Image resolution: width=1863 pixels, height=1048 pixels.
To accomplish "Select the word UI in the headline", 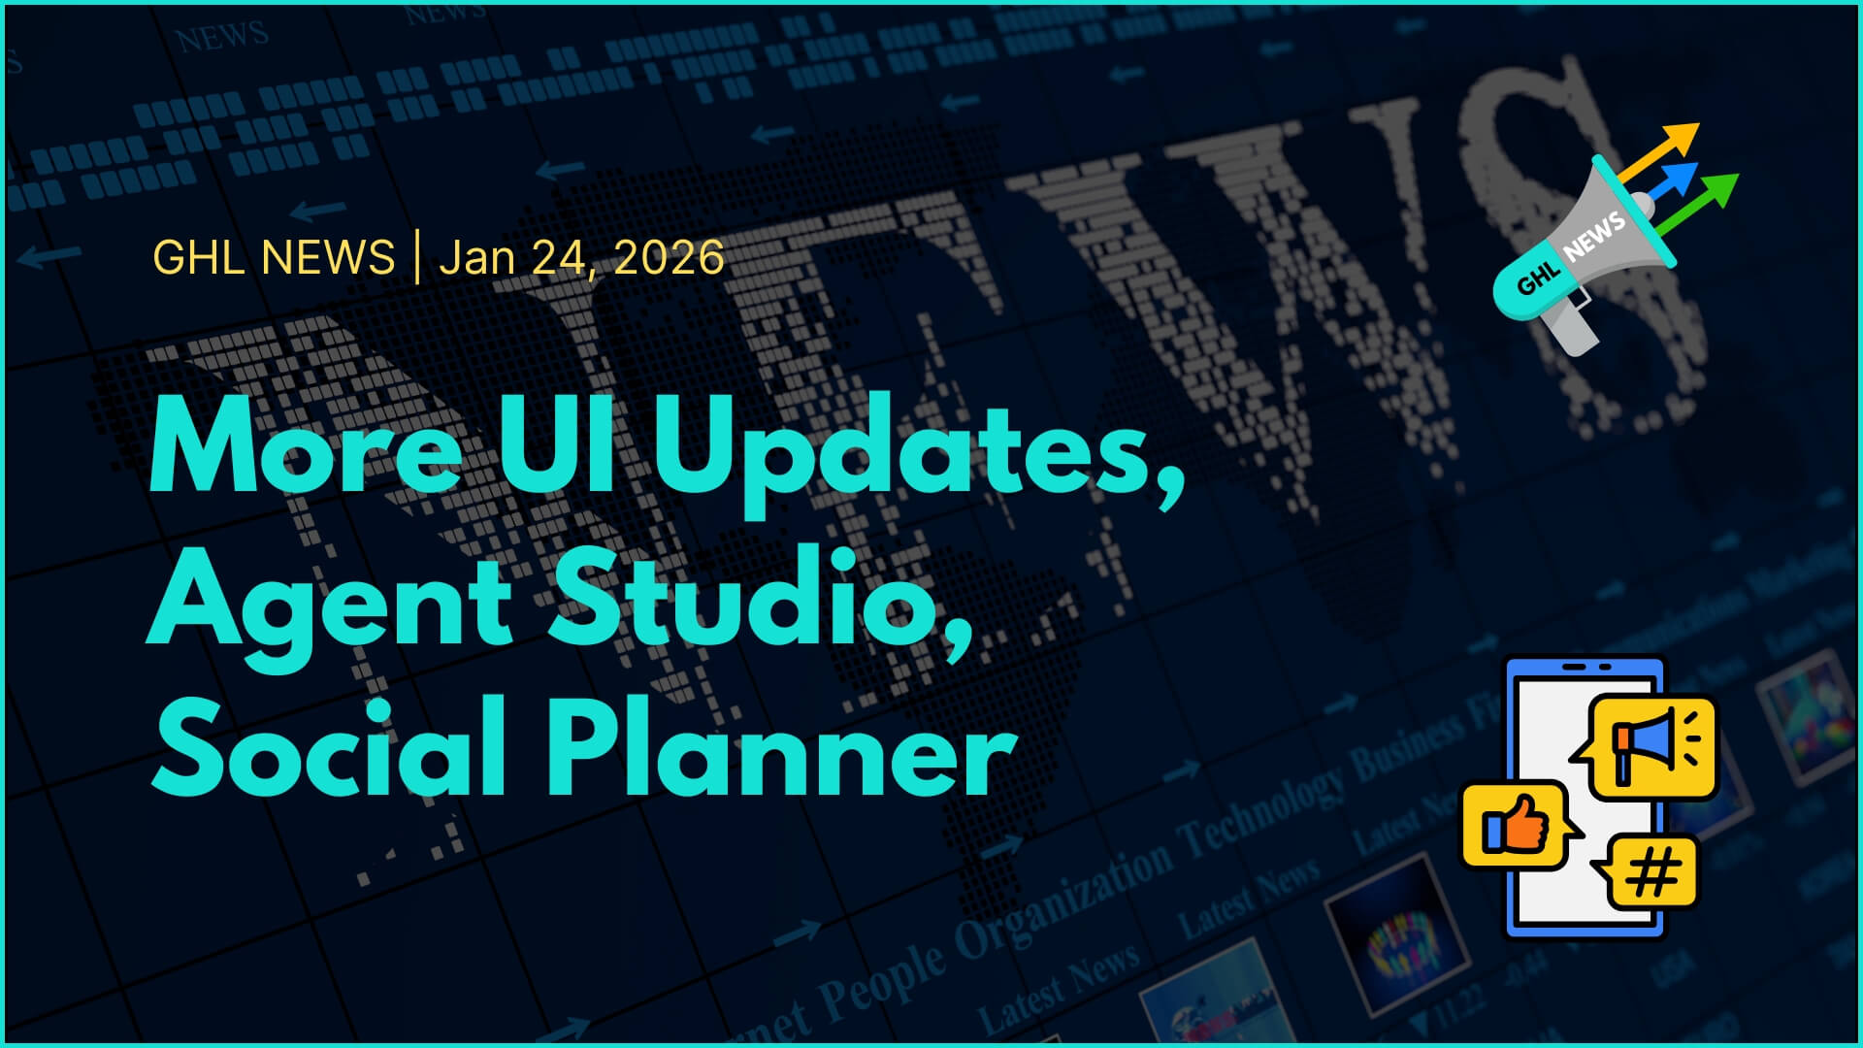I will pyautogui.click(x=558, y=446).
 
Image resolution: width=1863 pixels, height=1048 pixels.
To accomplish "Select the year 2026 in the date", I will pyautogui.click(x=669, y=258).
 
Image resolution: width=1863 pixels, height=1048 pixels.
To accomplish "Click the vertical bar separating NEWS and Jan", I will pyautogui.click(x=417, y=258).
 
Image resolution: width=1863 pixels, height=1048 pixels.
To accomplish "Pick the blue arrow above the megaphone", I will pyautogui.click(x=1674, y=180).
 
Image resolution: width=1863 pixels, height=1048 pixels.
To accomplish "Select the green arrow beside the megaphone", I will pyautogui.click(x=1703, y=198).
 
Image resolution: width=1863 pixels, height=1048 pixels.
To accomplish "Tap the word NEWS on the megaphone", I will pyautogui.click(x=1593, y=236).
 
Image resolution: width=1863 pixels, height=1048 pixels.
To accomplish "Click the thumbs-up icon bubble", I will pyautogui.click(x=1515, y=825).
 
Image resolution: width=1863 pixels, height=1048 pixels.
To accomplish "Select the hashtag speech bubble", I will pyautogui.click(x=1652, y=871).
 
